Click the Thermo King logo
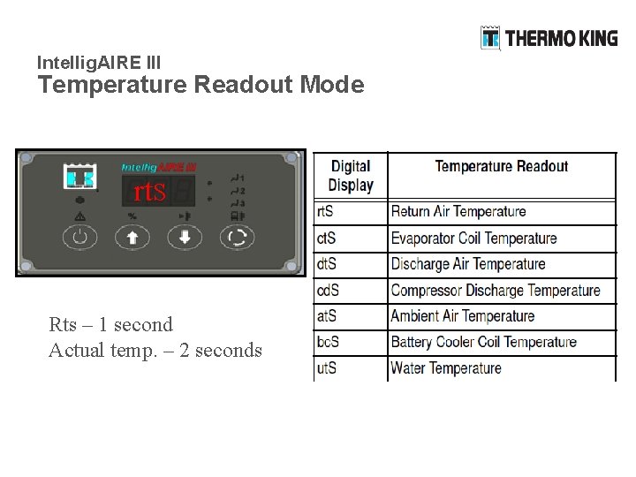coord(549,38)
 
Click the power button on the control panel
coord(80,237)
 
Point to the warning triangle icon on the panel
coord(80,216)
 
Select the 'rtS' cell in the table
coord(325,212)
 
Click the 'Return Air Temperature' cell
coord(458,212)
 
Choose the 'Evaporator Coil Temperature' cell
coord(473,238)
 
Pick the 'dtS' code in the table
coord(325,264)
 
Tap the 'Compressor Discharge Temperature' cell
coord(496,291)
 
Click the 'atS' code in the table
coord(325,315)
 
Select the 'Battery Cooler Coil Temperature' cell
coord(483,342)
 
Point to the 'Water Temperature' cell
coord(446,367)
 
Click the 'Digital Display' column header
coord(351,175)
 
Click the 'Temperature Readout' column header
coord(501,166)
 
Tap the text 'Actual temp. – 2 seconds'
coord(155,351)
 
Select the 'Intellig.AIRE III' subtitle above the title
coord(99,63)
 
